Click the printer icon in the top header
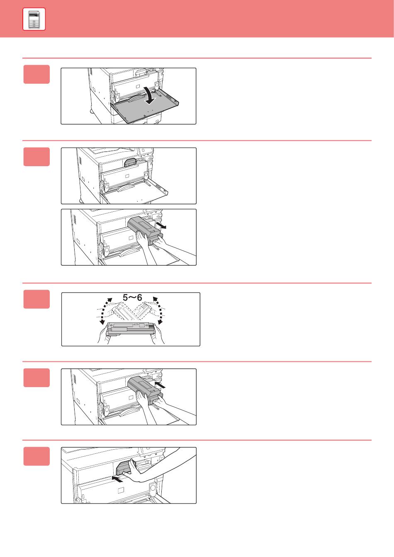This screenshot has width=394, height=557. tap(34, 19)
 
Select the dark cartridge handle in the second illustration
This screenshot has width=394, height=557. tap(130, 162)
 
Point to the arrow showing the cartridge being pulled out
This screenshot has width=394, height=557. tap(161, 225)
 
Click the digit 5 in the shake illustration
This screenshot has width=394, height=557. tap(125, 298)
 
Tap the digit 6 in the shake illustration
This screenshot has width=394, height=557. tap(139, 298)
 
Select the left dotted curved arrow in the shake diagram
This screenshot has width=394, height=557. tap(105, 311)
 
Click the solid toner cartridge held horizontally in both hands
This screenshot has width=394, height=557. tap(131, 329)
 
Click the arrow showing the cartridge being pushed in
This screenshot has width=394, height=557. tap(160, 385)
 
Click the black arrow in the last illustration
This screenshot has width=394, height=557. tap(117, 479)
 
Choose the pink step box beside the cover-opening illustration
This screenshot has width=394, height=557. tap(36, 74)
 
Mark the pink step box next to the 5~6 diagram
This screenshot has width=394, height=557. tap(36, 299)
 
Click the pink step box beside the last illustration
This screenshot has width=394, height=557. tap(36, 456)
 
